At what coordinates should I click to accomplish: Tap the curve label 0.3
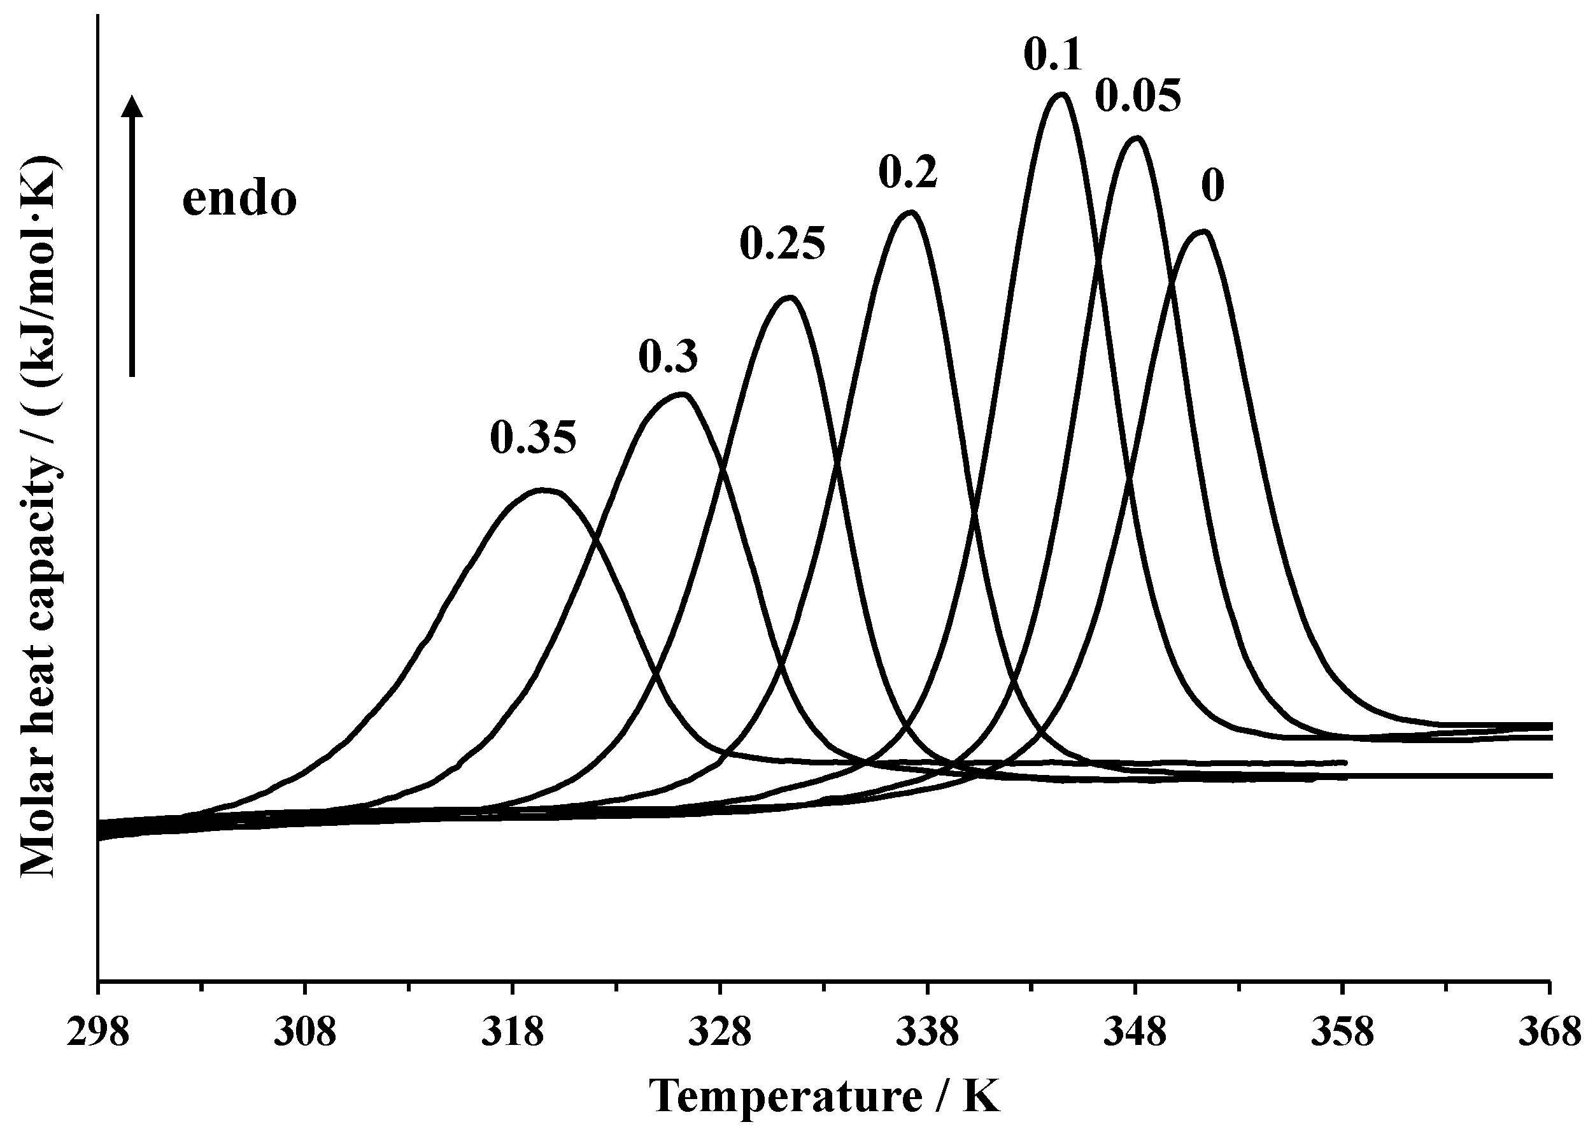coord(668,357)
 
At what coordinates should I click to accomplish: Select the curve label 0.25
coord(783,244)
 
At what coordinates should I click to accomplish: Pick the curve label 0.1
coord(1053,55)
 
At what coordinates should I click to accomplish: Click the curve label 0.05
coord(1138,97)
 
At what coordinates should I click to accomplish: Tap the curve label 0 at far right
coord(1213,186)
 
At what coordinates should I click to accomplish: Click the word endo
coord(239,199)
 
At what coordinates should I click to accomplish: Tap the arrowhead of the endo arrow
coord(132,106)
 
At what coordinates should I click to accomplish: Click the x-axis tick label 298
coord(98,1032)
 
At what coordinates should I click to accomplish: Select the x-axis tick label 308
coord(305,1032)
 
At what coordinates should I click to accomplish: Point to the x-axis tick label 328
coord(720,1032)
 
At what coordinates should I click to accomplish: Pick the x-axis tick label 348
coord(1134,1032)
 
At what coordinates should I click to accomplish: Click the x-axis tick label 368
coord(1550,1032)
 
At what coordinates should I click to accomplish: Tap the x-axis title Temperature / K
coord(825,1096)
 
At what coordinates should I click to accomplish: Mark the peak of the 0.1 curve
coord(1061,94)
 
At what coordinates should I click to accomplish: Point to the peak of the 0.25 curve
coord(790,298)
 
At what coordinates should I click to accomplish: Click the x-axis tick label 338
coord(927,1032)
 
